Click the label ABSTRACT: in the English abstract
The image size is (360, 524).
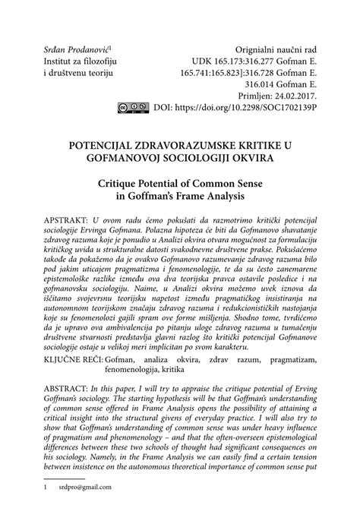pos(68,396)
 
